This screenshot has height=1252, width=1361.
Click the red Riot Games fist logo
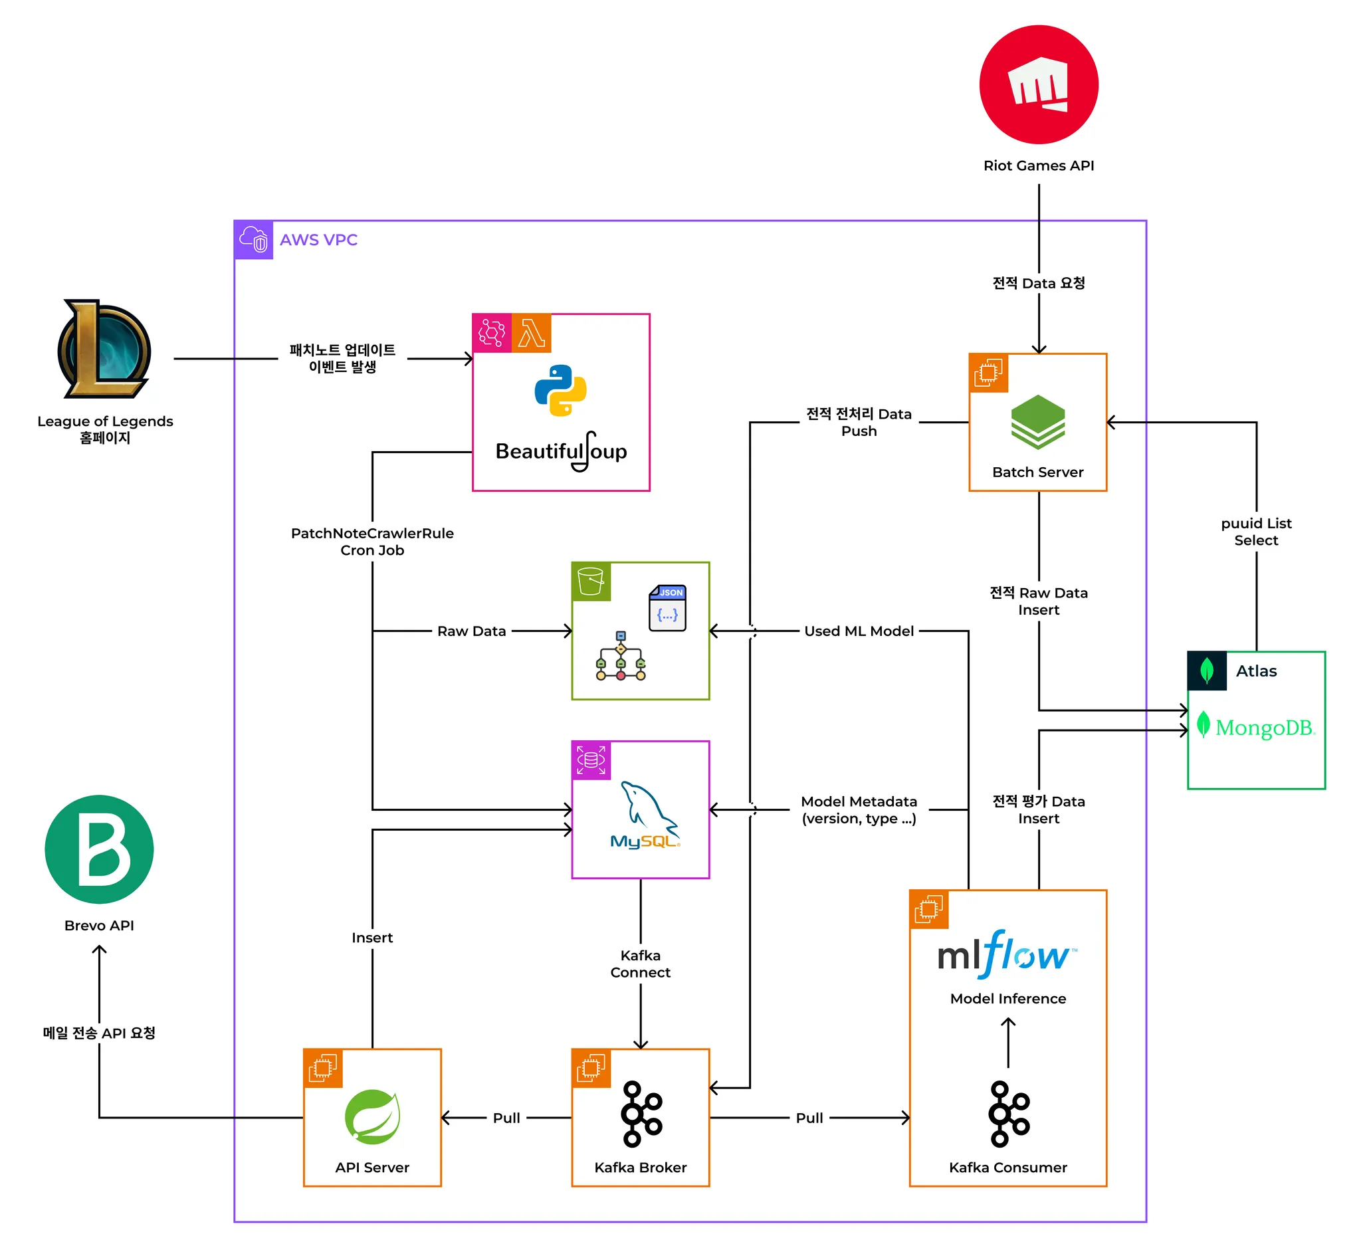coord(1038,84)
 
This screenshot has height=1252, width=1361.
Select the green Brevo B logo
coord(99,849)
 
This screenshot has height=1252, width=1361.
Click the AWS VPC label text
coord(318,240)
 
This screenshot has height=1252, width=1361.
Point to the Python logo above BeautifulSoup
coord(560,390)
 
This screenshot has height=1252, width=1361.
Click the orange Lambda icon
coord(532,334)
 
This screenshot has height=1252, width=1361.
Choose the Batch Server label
coord(1037,472)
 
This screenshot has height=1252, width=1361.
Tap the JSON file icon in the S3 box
coord(667,607)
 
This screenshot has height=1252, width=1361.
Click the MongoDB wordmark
coord(1264,728)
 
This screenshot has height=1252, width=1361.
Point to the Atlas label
coord(1256,671)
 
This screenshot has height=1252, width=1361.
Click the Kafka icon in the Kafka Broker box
coord(641,1114)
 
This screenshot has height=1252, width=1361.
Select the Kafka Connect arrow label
coord(640,964)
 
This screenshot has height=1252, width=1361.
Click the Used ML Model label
coord(859,631)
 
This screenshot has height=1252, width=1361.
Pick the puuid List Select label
coord(1256,532)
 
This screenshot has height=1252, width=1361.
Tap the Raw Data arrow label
coord(472,631)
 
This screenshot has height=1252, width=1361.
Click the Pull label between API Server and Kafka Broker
coord(506,1118)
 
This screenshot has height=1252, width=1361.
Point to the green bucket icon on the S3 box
coord(591,581)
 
